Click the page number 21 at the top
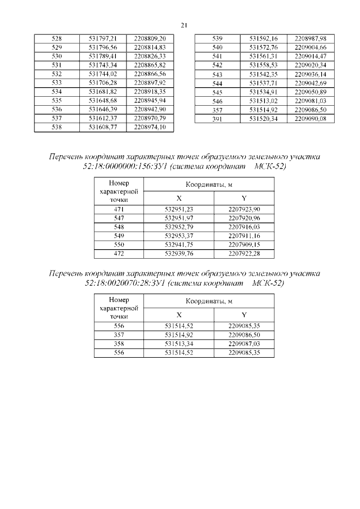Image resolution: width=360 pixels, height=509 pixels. [183, 25]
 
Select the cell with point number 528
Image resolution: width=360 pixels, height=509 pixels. [57, 38]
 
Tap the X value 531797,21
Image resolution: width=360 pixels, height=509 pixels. [103, 38]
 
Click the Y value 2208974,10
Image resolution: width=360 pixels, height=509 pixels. [150, 128]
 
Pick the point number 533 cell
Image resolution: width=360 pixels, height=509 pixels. [57, 83]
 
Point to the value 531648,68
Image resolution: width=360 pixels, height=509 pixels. [103, 101]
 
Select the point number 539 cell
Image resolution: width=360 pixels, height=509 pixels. [217, 38]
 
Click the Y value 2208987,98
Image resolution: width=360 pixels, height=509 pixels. [310, 38]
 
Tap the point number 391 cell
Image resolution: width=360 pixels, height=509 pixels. [217, 119]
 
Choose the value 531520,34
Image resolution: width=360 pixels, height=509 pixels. [264, 119]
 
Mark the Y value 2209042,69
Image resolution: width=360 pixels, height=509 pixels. [310, 83]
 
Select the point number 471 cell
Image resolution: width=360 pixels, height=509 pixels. [118, 209]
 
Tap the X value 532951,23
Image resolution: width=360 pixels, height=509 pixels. [179, 209]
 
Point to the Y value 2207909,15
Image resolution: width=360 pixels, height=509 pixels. [244, 245]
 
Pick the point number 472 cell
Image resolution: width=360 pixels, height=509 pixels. [118, 254]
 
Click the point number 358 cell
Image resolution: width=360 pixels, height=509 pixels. [118, 343]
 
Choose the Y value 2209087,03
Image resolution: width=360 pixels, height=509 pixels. [244, 343]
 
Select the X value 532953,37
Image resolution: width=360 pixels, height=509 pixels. [179, 236]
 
